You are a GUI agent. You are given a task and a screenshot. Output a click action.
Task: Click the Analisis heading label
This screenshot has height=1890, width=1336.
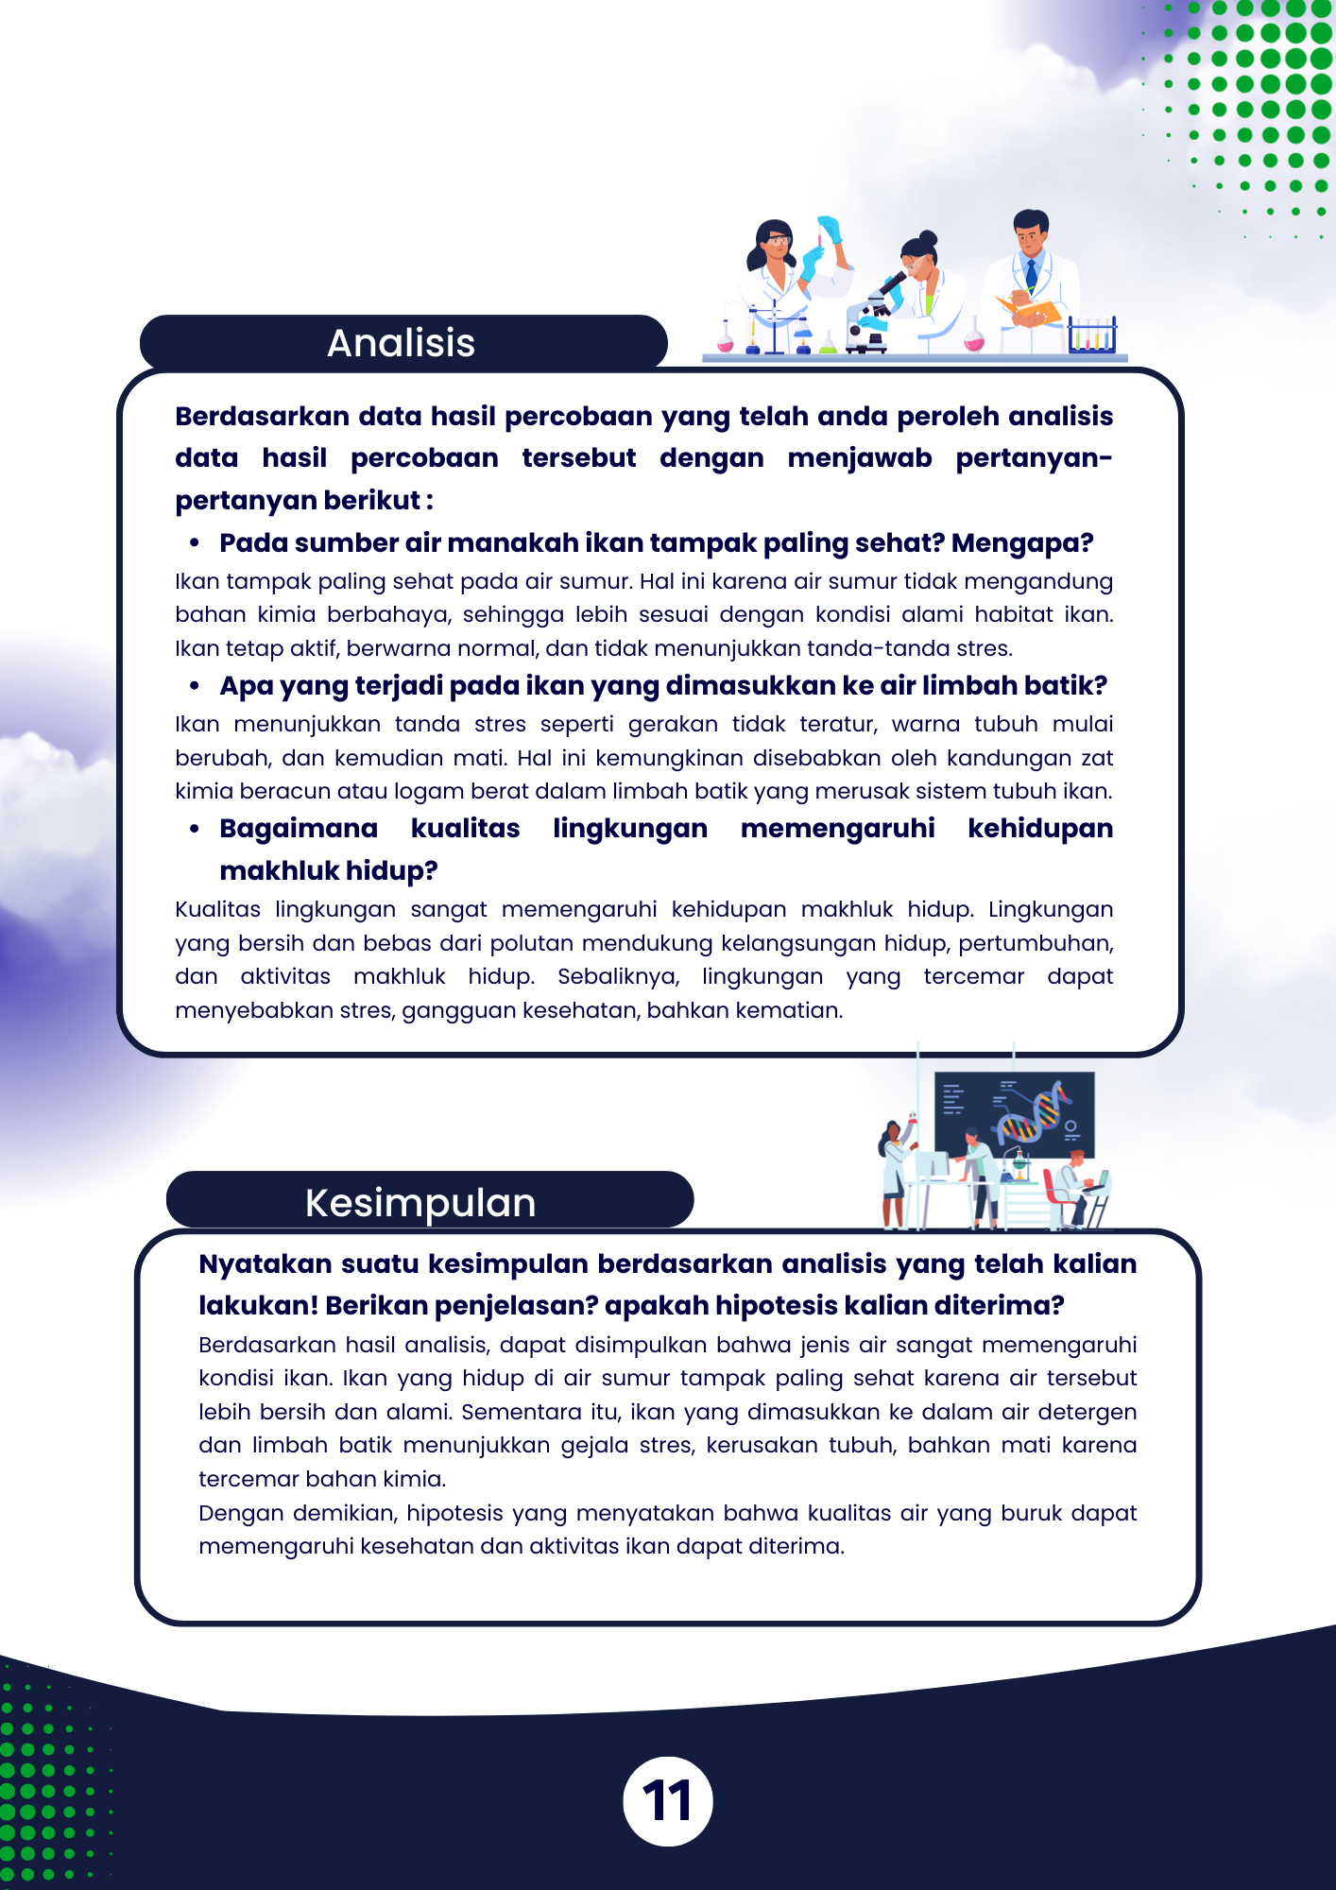click(x=401, y=343)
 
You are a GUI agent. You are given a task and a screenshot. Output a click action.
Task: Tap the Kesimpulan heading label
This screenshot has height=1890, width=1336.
click(x=420, y=1203)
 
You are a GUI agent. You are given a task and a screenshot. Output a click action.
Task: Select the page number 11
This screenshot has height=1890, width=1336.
click(x=667, y=1801)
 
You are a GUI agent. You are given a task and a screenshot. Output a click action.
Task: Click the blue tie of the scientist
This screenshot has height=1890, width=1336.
click(x=1032, y=273)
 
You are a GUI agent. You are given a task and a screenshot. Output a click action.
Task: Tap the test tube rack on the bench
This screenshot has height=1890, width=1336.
click(x=1092, y=335)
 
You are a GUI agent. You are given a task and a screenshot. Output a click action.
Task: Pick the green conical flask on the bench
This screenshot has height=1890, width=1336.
click(x=828, y=342)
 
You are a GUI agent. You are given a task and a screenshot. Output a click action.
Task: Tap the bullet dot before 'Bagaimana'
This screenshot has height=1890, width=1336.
click(x=195, y=829)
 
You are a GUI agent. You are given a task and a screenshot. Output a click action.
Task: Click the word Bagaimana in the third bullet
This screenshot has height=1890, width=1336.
click(x=299, y=829)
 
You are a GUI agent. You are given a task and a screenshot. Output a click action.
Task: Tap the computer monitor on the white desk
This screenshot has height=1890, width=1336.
click(x=930, y=1164)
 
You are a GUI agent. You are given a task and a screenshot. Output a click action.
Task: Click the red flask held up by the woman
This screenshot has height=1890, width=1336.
click(x=912, y=1122)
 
